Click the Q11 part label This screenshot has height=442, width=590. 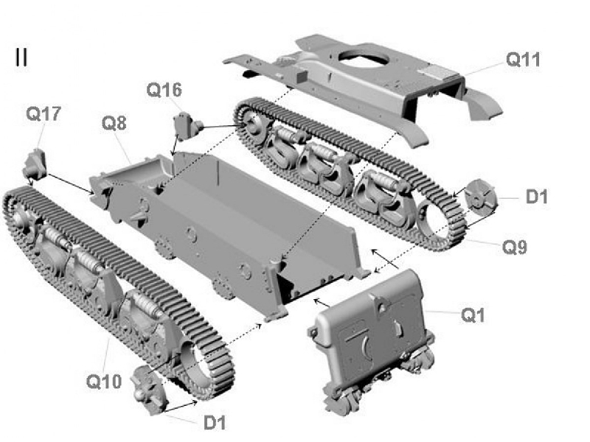[522, 60]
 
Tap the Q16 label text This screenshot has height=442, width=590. [163, 91]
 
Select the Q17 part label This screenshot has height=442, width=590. [44, 113]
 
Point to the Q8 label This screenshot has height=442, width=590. [114, 122]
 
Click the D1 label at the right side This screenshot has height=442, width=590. [536, 197]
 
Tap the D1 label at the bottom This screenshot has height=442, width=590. [215, 422]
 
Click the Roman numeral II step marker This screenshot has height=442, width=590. [21, 58]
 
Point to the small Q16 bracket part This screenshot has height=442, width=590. [186, 126]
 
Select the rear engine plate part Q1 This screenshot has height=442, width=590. [372, 328]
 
